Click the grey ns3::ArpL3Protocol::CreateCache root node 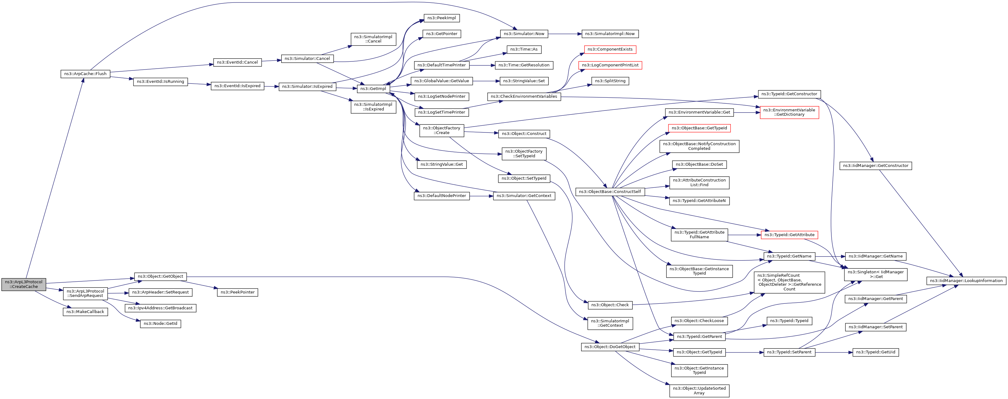[24, 285]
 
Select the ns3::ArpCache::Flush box [85, 74]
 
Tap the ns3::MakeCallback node [85, 312]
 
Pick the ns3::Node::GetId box [160, 324]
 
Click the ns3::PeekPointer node [237, 292]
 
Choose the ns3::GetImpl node [373, 89]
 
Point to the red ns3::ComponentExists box [610, 49]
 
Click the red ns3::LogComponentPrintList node [610, 65]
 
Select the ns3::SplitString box [610, 81]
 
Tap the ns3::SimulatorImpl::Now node [610, 34]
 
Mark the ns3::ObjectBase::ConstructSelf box [610, 192]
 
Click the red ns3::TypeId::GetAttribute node [789, 235]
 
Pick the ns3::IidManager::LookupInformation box [966, 281]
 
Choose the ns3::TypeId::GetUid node [875, 352]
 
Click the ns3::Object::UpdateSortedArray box [699, 391]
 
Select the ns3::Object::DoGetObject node [610, 347]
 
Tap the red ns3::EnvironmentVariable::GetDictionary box [789, 112]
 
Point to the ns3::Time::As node [524, 49]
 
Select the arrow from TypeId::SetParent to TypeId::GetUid [834, 352]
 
